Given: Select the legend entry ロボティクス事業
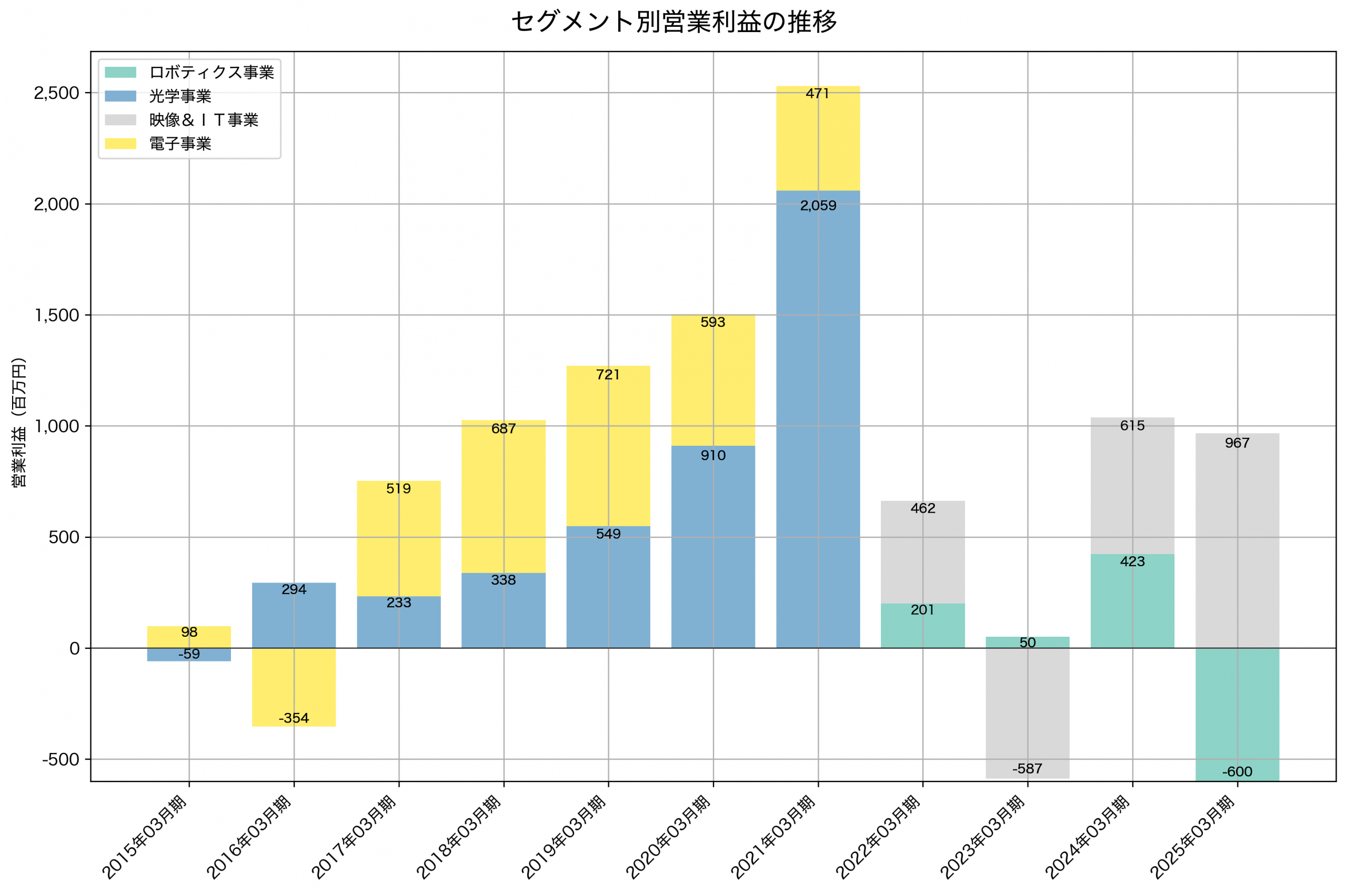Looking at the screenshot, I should click(x=211, y=72).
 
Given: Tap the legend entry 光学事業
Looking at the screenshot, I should click(x=180, y=96).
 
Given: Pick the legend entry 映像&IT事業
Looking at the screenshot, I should click(x=203, y=120).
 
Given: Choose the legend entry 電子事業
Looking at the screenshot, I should click(x=180, y=144).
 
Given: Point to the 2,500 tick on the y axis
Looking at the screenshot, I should click(x=56, y=93).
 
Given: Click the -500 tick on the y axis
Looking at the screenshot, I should click(x=61, y=760).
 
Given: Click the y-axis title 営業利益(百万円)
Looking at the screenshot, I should click(x=19, y=422).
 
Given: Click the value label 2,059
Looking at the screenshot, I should click(x=818, y=206).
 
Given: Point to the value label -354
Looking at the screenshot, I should click(x=294, y=719).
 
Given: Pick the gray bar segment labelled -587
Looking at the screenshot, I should click(x=1028, y=712).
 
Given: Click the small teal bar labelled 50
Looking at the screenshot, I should click(x=1028, y=642).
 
